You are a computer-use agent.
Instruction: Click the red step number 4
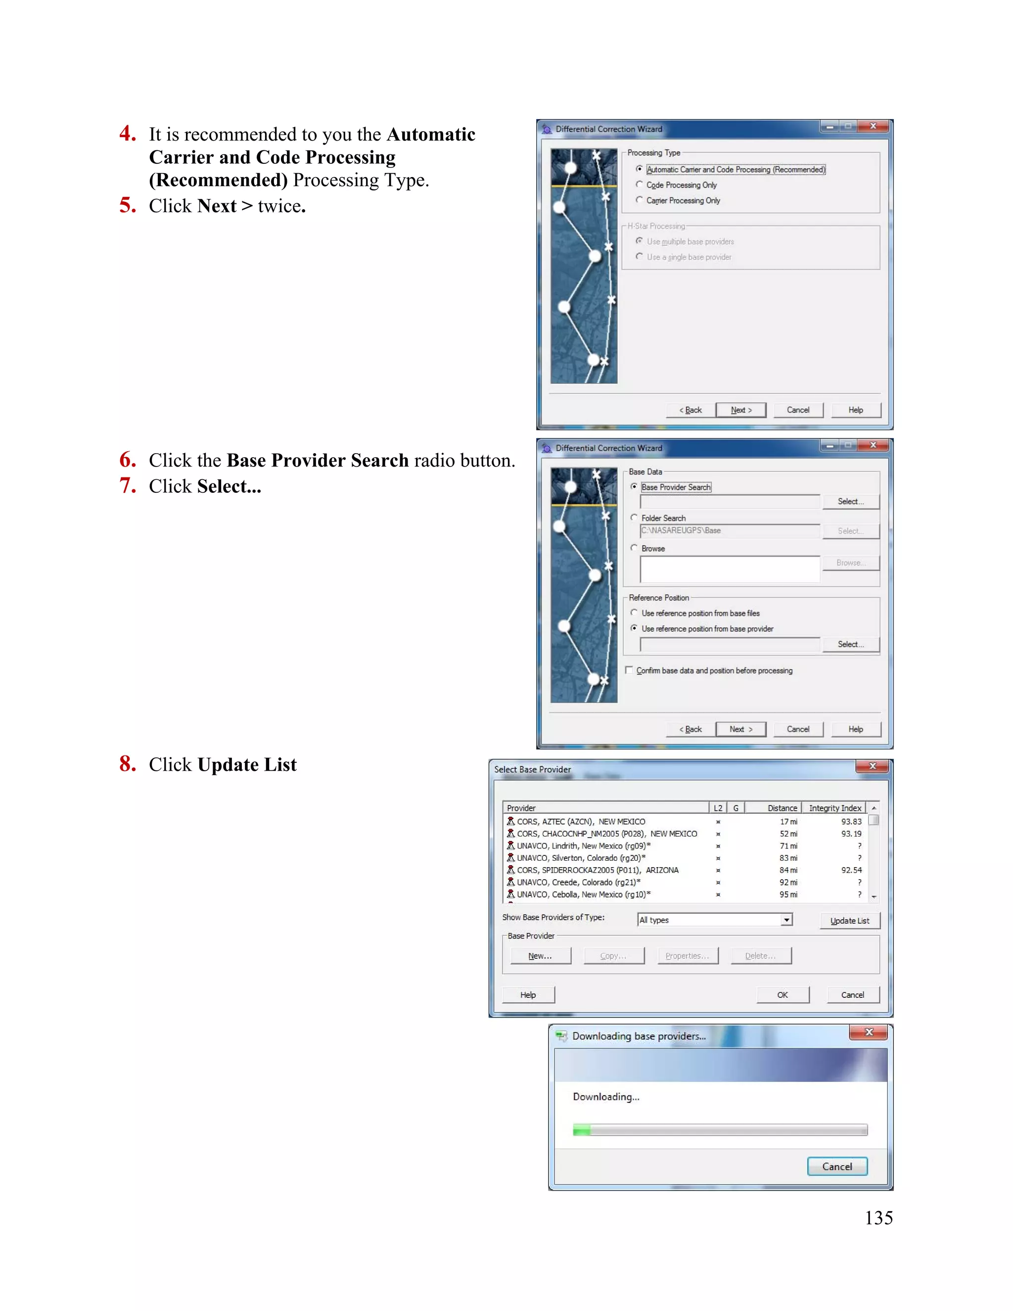(127, 133)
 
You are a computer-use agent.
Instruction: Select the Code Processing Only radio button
(639, 185)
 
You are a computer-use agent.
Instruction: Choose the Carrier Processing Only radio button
(639, 200)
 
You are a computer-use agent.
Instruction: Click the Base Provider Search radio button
(634, 487)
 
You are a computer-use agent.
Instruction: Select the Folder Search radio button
(634, 517)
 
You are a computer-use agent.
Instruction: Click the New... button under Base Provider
(540, 956)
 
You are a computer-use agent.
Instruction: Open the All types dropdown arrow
(786, 920)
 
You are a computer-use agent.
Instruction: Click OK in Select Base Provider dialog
(783, 995)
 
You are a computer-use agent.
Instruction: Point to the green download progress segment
(582, 1130)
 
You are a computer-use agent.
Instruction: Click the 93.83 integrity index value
(851, 821)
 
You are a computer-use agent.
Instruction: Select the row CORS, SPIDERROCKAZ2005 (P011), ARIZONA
(598, 870)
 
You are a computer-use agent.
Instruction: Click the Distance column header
(782, 808)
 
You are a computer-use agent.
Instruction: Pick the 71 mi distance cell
(788, 846)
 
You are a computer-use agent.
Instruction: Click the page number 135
(878, 1218)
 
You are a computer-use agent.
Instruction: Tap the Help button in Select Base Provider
(528, 995)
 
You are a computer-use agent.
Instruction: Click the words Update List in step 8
(247, 765)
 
